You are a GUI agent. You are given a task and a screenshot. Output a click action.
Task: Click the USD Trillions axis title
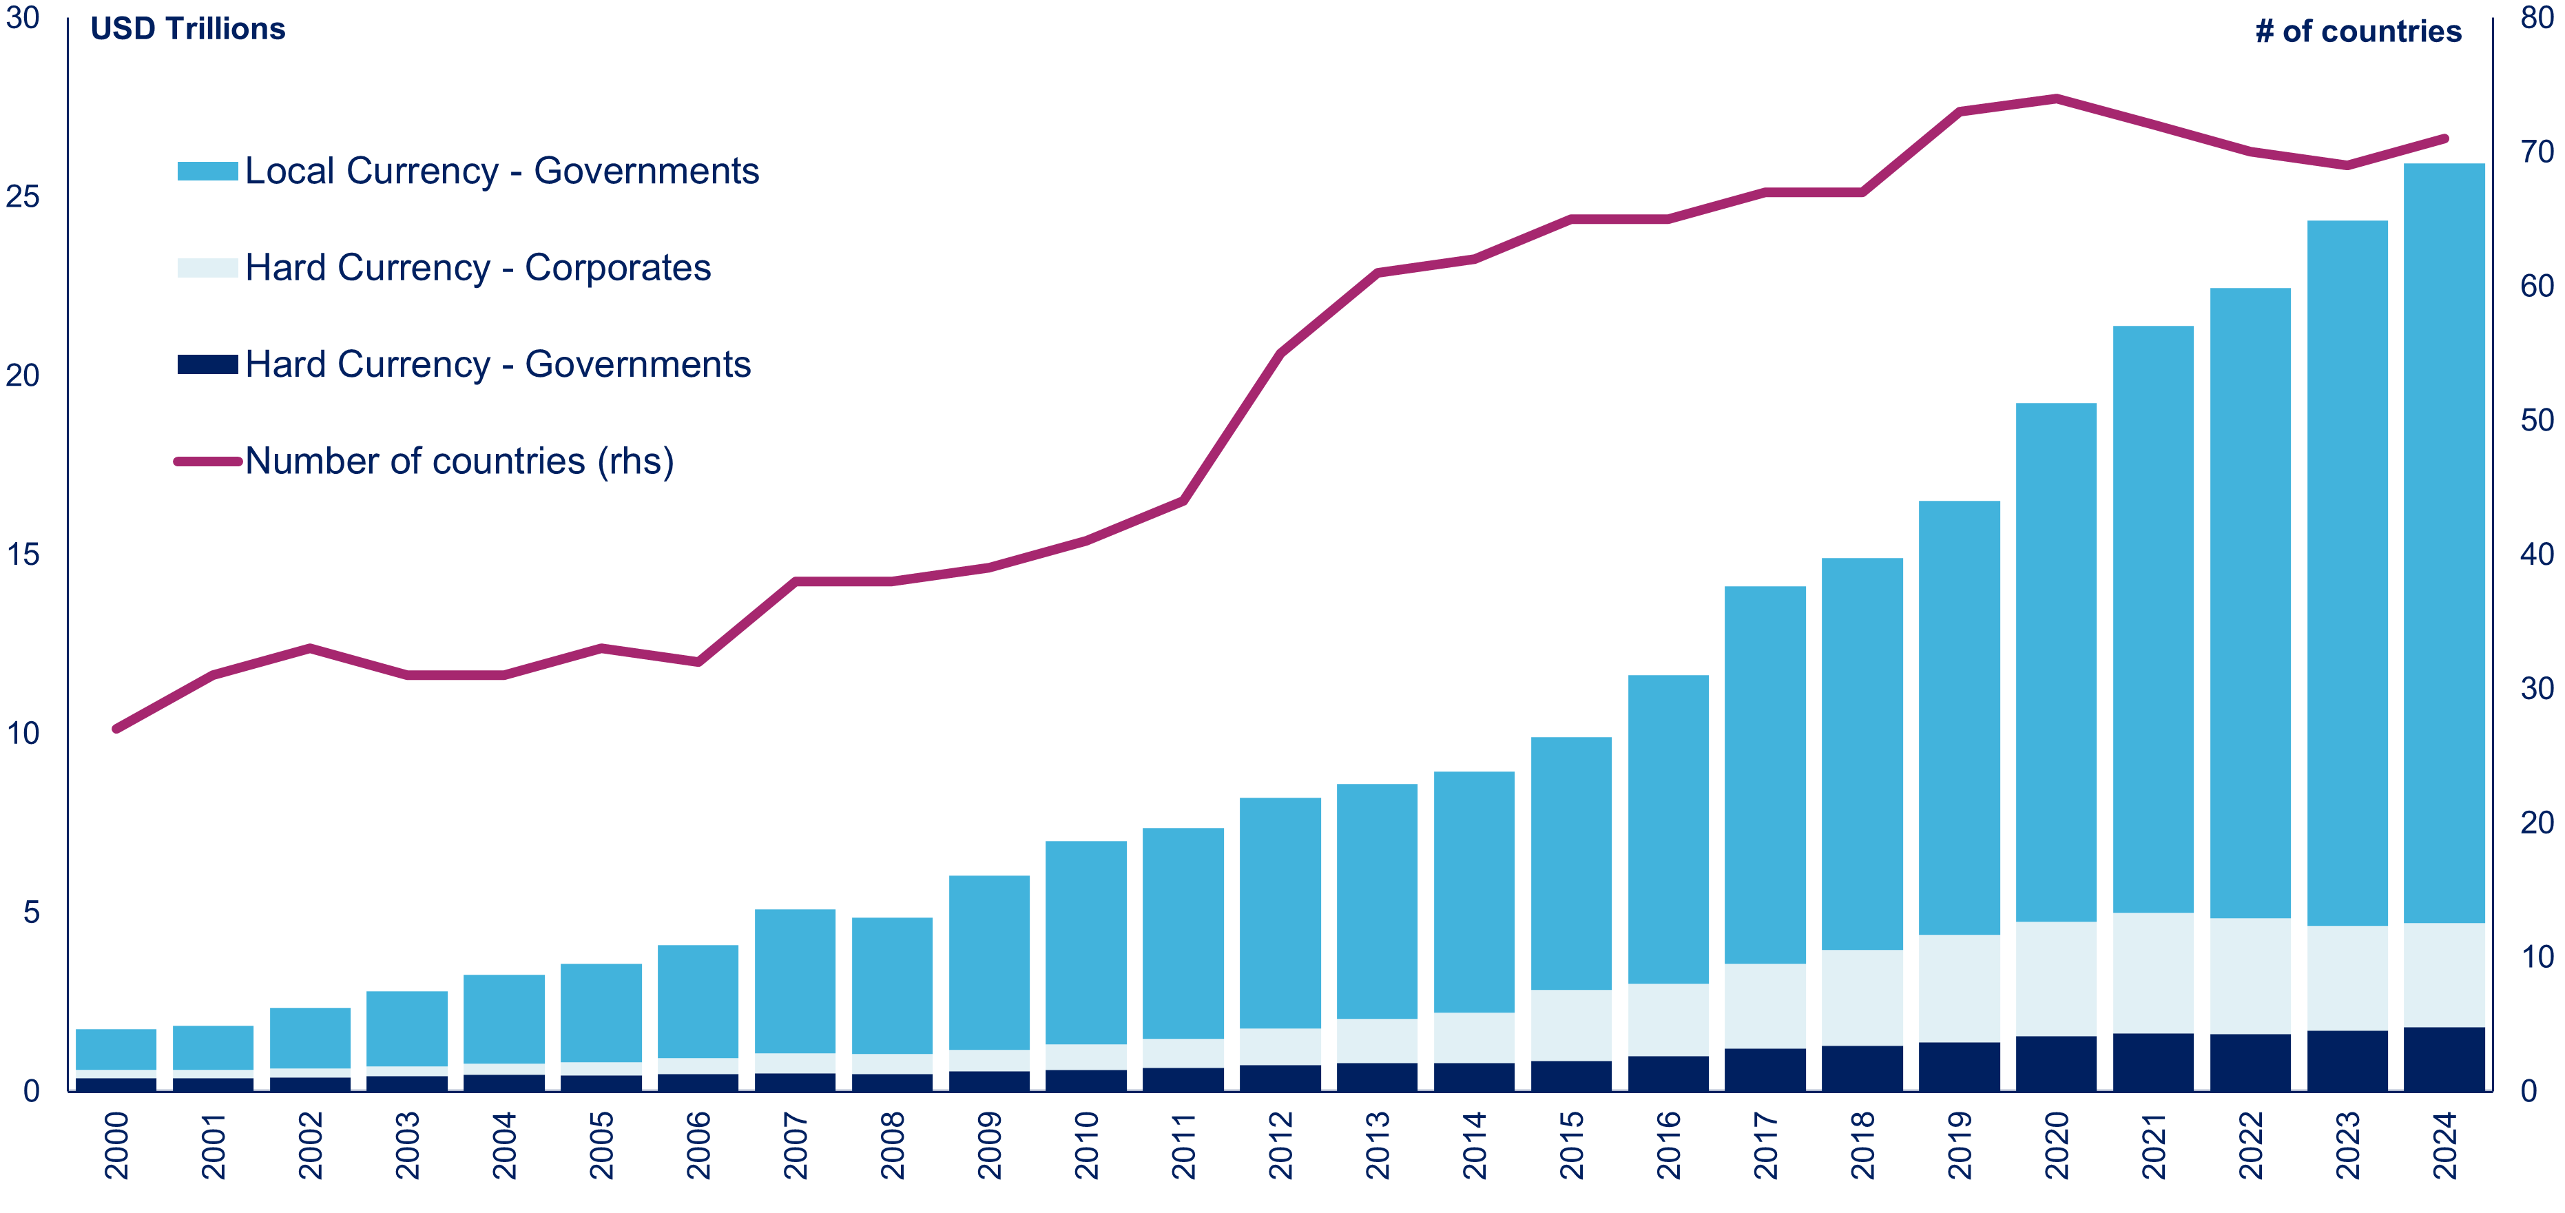pyautogui.click(x=187, y=29)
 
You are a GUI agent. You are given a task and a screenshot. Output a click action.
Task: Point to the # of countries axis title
pyautogui.click(x=2358, y=32)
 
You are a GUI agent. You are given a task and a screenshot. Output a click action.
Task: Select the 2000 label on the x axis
pyautogui.click(x=116, y=1145)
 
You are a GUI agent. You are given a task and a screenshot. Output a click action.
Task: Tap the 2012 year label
pyautogui.click(x=1280, y=1145)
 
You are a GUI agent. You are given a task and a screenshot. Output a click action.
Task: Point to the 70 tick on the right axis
pyautogui.click(x=2537, y=152)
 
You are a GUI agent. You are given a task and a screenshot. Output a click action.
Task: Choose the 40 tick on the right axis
pyautogui.click(x=2537, y=554)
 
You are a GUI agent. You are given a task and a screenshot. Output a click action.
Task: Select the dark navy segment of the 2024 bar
pyautogui.click(x=2444, y=1059)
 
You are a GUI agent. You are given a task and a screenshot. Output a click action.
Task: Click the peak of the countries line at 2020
pyautogui.click(x=2056, y=99)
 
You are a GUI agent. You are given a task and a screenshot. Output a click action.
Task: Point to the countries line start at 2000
pyautogui.click(x=116, y=729)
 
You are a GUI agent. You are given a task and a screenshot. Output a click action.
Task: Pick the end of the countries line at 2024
pyautogui.click(x=2444, y=138)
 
